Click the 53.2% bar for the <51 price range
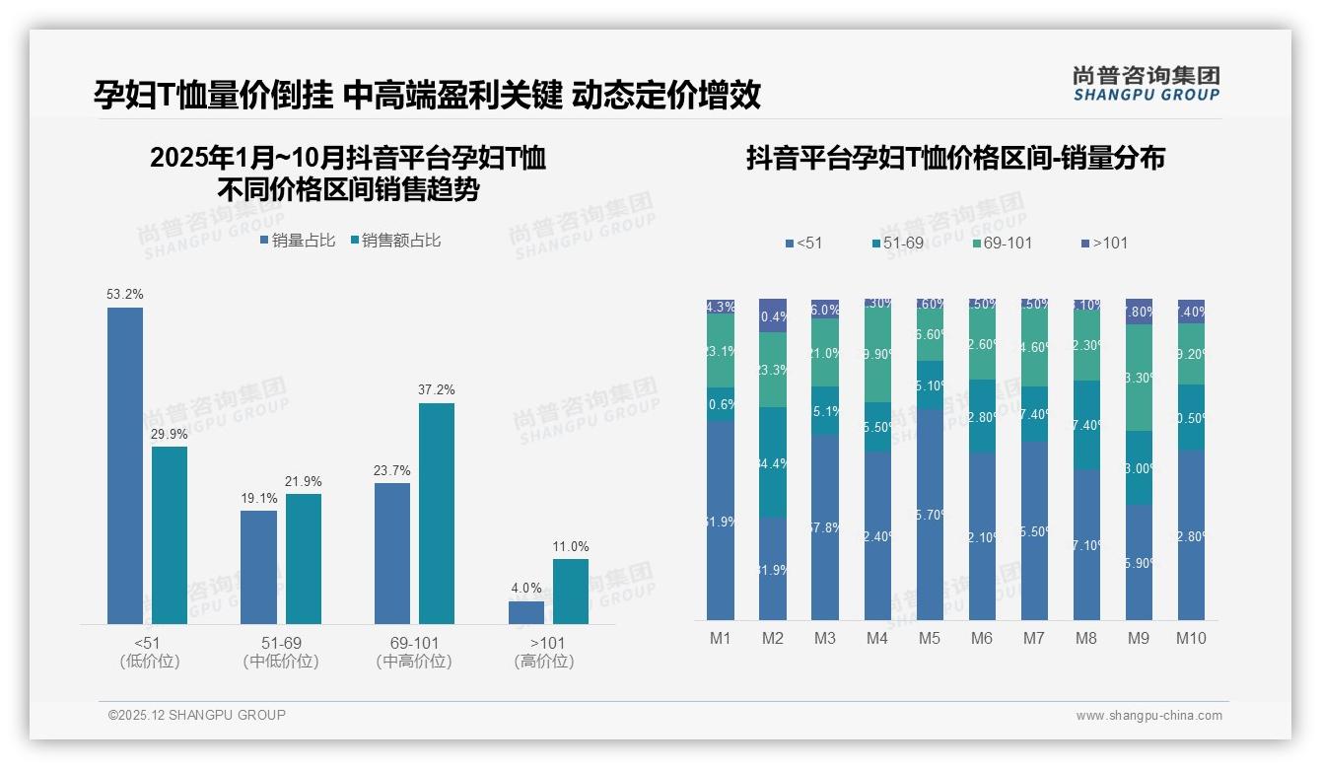click(x=125, y=465)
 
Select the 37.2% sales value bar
click(x=437, y=513)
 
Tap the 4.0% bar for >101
click(x=526, y=612)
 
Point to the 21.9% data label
click(x=304, y=481)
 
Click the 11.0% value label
click(x=571, y=546)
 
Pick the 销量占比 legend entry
click(x=298, y=240)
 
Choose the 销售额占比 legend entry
click(x=395, y=240)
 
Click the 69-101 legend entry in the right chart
click(x=1002, y=243)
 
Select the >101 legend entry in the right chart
click(x=1105, y=243)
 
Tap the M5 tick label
click(x=930, y=638)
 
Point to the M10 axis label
click(x=1191, y=638)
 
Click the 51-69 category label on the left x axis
click(x=280, y=643)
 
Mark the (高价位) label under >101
click(x=544, y=662)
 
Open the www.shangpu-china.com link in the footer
click(x=1148, y=716)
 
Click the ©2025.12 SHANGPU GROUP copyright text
click(x=197, y=715)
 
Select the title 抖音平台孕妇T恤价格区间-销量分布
click(x=955, y=158)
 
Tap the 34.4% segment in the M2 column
click(x=773, y=462)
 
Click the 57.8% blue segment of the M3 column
click(x=825, y=526)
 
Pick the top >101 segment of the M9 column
click(x=1139, y=311)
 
